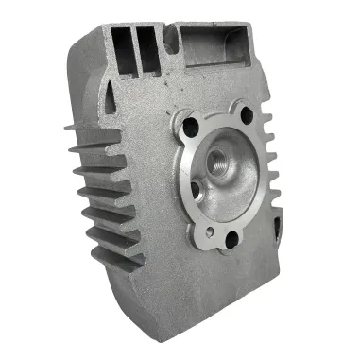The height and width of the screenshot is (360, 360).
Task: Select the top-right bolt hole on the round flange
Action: click(x=248, y=116)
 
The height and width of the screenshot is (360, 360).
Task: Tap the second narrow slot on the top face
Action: click(x=144, y=42)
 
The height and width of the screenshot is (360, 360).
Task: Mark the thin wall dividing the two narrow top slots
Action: click(x=134, y=43)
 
